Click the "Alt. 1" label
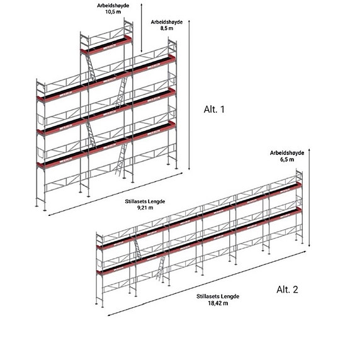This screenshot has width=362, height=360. tap(214, 110)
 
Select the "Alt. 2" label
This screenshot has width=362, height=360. tap(287, 290)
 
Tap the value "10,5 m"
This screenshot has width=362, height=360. tap(113, 12)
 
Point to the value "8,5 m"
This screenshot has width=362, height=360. tap(167, 28)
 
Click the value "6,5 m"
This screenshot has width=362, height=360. tap(287, 159)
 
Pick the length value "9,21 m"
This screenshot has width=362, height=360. tap(145, 208)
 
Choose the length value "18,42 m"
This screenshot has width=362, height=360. tap(218, 303)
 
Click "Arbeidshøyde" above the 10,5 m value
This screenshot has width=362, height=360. tap(113, 6)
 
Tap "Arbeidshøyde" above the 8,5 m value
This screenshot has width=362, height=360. tap(167, 22)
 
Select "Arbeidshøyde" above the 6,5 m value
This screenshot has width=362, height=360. tap(287, 153)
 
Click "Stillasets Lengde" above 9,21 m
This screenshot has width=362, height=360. tap(145, 201)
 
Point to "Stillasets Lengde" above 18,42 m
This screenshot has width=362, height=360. tap(218, 296)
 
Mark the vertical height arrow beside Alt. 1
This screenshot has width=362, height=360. tap(189, 95)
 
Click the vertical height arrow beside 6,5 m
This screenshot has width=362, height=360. tap(309, 198)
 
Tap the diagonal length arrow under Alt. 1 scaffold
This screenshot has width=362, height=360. tap(115, 194)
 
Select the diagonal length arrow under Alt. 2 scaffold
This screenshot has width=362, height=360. tap(207, 283)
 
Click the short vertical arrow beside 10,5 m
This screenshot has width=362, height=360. tap(142, 28)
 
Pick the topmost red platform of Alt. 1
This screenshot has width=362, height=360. tap(106, 45)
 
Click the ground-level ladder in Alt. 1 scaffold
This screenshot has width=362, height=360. tap(122, 159)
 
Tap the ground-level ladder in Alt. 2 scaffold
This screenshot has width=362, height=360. tap(161, 267)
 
